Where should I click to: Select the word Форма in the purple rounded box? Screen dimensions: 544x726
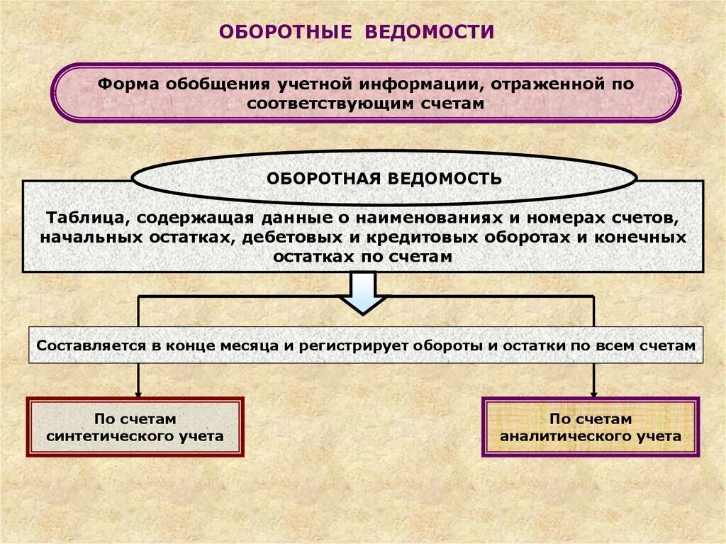[128, 84]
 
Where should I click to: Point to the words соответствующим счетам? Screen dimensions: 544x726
[365, 103]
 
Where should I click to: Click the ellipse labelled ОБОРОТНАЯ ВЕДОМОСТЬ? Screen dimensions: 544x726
[384, 178]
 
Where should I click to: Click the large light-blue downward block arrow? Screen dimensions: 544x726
[362, 293]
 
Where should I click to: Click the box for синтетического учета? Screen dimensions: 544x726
[135, 427]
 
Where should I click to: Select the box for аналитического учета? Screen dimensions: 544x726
[591, 427]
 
